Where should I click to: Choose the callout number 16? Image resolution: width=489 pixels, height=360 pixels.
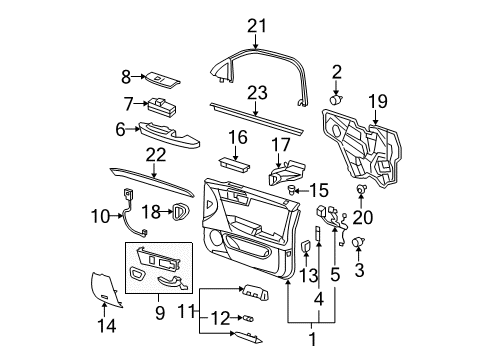236,136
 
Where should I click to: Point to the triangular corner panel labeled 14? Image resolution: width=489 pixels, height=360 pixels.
105,290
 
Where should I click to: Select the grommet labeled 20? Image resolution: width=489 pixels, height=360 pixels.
361,190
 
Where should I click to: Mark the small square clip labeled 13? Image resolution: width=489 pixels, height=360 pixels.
306,246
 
